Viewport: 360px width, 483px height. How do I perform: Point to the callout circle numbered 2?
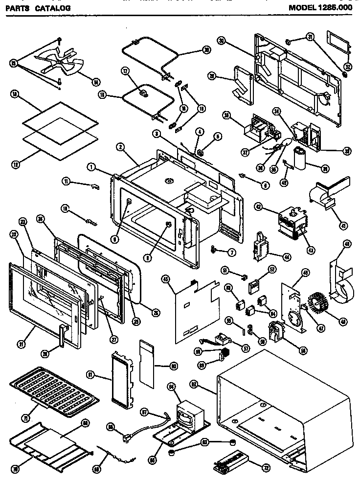click(119, 146)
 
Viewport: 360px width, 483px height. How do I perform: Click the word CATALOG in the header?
click(52, 8)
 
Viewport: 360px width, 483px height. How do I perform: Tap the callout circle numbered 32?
click(347, 67)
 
